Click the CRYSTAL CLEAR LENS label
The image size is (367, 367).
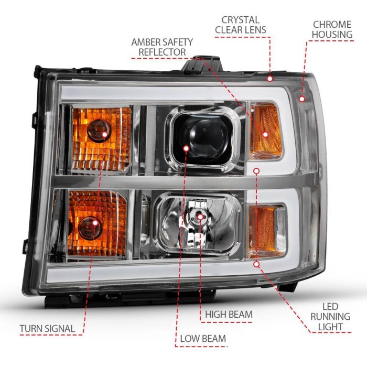coord(240,25)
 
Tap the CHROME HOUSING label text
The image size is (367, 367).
coord(332,29)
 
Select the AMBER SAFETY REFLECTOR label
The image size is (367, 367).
coord(162,47)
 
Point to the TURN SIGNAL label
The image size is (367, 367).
coord(47,329)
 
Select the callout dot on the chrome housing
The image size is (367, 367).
coord(303,98)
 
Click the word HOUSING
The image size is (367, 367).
coord(332,35)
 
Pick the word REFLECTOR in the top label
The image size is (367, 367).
coord(162,52)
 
